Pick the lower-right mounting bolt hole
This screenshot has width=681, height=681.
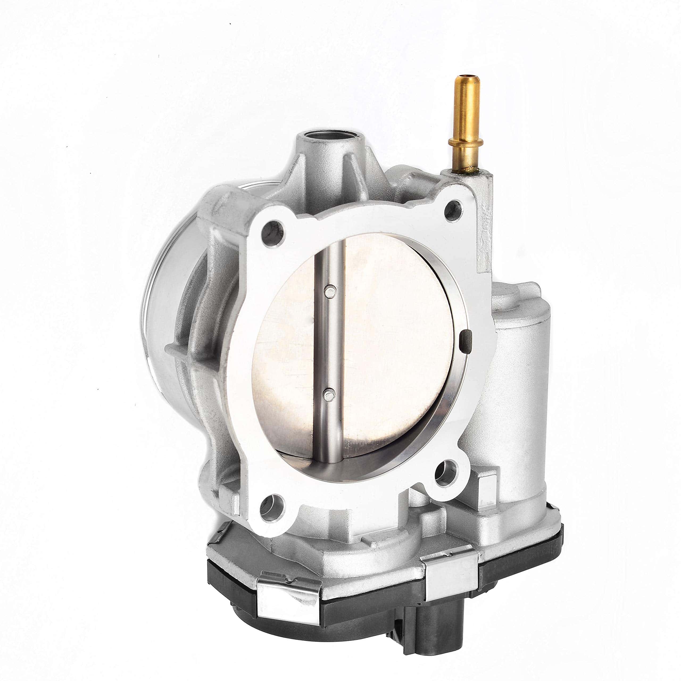tap(445, 472)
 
